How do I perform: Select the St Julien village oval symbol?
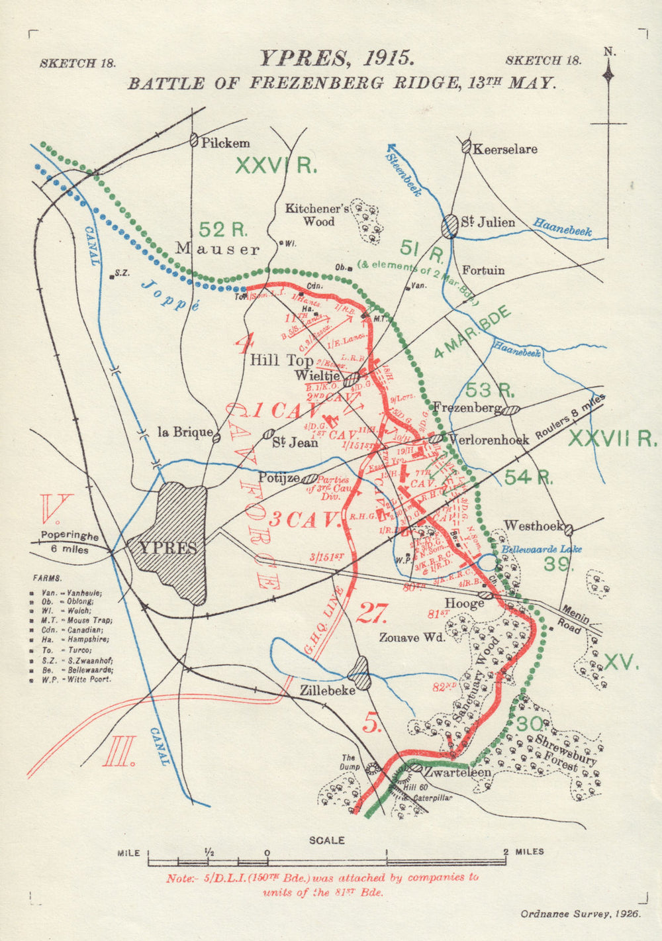[x=450, y=225]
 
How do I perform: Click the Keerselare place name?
[x=504, y=149]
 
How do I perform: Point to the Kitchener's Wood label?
[x=317, y=215]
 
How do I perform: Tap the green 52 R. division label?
[x=223, y=230]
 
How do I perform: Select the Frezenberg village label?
[x=466, y=408]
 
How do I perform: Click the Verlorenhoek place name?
[x=489, y=439]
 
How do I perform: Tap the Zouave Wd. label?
[x=412, y=638]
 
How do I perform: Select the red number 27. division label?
[x=371, y=614]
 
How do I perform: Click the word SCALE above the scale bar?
[x=327, y=840]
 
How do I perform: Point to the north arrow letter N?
[x=608, y=51]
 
